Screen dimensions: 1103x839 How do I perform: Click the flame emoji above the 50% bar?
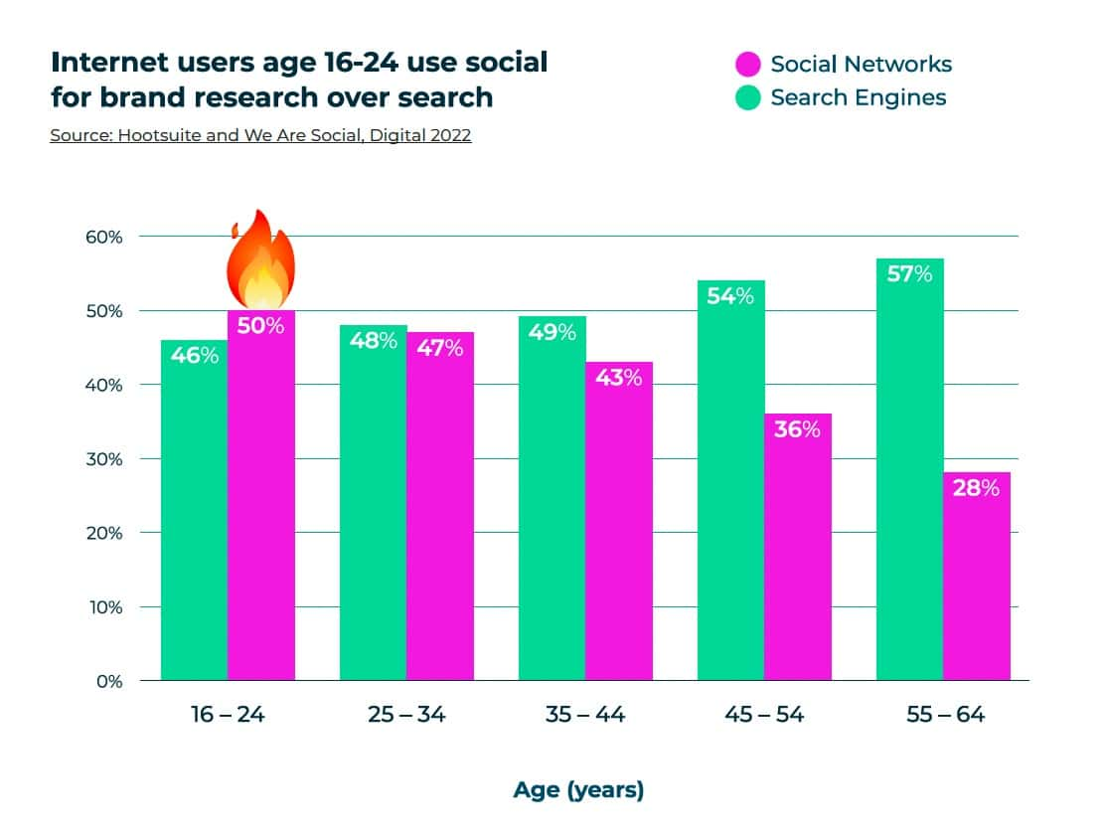tap(260, 259)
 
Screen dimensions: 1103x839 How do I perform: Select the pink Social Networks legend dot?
tap(748, 64)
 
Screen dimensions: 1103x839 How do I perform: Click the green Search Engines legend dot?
tap(748, 97)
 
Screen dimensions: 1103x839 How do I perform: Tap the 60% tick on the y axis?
tap(104, 238)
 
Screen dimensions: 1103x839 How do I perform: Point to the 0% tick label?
tap(109, 681)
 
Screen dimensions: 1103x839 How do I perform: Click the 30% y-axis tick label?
tap(104, 459)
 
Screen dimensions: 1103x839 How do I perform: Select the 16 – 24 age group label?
tap(228, 715)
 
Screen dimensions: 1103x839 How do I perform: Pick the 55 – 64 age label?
tap(945, 715)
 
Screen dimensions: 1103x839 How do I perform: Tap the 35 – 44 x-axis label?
tap(585, 715)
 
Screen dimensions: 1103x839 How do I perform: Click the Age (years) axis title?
tap(579, 789)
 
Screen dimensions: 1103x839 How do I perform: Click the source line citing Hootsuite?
tap(260, 135)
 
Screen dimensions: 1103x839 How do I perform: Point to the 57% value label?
tap(909, 273)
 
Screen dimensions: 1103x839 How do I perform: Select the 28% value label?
tap(977, 488)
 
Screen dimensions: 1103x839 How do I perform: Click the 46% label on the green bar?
tap(194, 356)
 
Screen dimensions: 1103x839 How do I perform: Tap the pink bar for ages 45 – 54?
tap(798, 547)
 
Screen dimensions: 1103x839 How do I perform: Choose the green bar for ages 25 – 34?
tap(373, 503)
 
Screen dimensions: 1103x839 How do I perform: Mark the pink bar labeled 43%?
tap(619, 521)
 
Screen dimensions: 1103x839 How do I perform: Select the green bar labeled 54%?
tap(731, 480)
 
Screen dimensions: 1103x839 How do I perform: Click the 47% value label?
tap(439, 348)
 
